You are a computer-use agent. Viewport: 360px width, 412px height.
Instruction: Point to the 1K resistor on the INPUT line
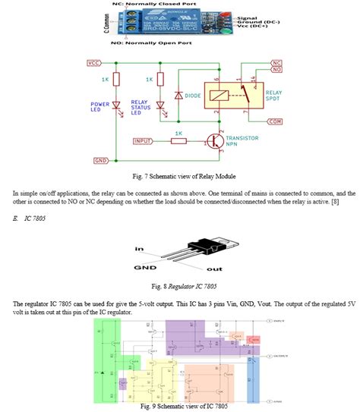click(178, 141)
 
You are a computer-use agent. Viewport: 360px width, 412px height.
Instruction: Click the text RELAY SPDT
click(274, 96)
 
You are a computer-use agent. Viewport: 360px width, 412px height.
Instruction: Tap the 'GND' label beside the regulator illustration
click(144, 268)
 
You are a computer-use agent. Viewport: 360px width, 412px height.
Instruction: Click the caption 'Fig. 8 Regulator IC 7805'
click(180, 288)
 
